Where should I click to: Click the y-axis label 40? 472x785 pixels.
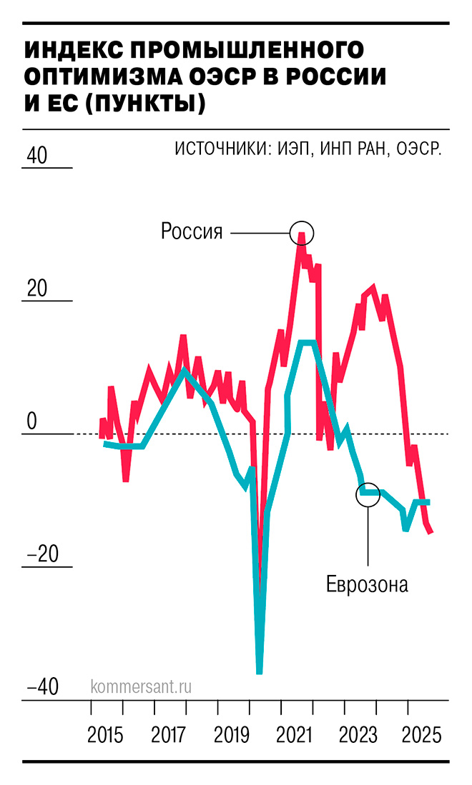36,155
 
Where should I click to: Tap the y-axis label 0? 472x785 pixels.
31,421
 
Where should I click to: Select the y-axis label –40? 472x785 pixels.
42,687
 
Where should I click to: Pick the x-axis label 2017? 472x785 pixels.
169,736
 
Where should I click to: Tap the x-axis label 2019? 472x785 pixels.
232,736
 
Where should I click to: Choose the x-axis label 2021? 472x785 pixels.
296,736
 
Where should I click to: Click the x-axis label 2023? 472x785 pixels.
359,736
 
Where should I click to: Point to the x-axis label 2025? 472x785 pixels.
422,736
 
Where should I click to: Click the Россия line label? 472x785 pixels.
192,231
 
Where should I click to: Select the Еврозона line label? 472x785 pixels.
367,584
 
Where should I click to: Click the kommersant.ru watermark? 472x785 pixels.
142,686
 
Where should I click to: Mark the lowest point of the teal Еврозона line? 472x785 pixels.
259,671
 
